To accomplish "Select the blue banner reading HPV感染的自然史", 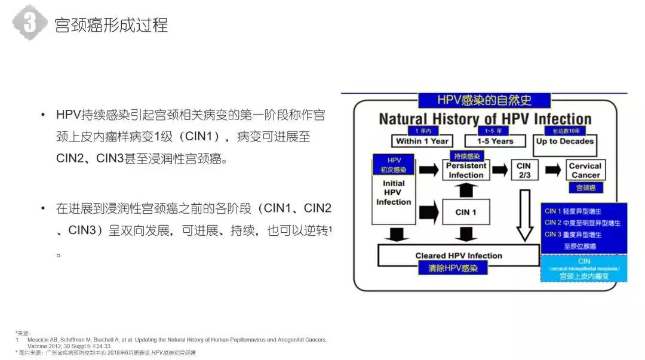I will (484, 100).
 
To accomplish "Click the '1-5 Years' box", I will (494, 141).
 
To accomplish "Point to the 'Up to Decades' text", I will (564, 141).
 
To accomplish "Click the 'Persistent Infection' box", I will (466, 170).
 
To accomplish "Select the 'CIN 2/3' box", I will (523, 170).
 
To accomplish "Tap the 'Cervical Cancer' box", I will (585, 170).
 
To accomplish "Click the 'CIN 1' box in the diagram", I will (466, 212).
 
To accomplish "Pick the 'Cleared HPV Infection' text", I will (459, 256).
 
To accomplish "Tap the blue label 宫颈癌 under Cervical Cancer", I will (585, 187).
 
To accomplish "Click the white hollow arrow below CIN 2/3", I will (524, 215).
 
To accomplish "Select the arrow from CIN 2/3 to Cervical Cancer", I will (552, 170).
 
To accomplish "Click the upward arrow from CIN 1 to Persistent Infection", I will (466, 190).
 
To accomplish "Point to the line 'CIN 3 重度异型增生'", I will (582, 234).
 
